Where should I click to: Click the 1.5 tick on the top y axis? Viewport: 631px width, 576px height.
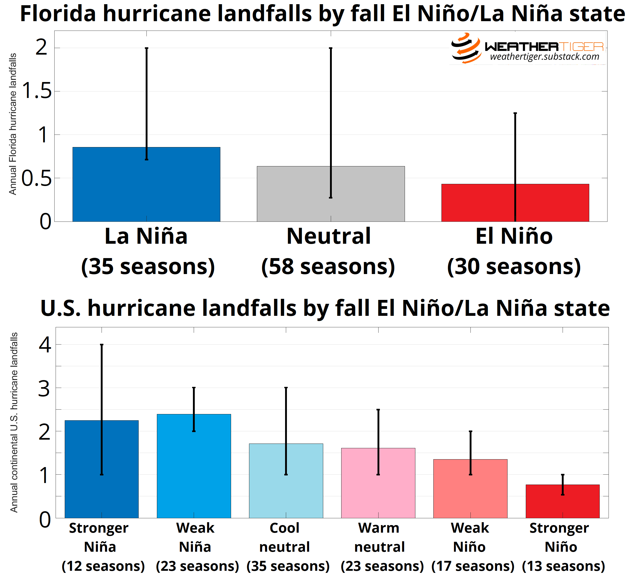(x=37, y=91)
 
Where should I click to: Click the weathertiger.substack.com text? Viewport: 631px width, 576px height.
(x=544, y=57)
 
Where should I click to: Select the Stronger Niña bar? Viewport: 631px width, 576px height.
(x=81, y=470)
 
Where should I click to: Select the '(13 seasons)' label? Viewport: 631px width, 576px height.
(x=563, y=566)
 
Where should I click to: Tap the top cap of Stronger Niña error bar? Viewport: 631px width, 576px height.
(x=102, y=345)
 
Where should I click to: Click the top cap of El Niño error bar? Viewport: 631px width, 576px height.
(x=515, y=113)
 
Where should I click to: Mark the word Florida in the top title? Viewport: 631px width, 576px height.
(x=58, y=14)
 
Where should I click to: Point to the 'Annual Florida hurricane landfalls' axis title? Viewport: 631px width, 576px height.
(x=13, y=124)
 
